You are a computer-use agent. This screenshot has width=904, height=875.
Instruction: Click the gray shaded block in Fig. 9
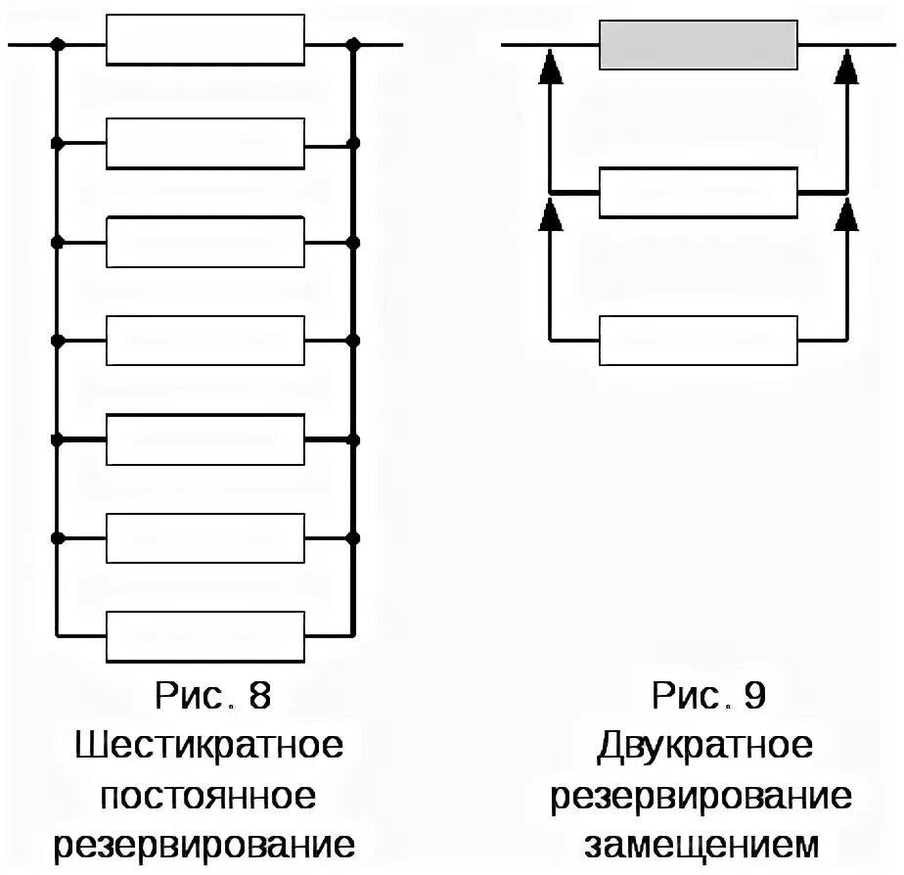coord(700,45)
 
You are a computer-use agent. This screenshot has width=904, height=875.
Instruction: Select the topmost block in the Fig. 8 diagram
coord(205,41)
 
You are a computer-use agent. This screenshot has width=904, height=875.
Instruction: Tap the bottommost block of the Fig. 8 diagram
coord(205,636)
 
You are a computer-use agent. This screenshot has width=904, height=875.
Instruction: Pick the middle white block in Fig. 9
coord(700,193)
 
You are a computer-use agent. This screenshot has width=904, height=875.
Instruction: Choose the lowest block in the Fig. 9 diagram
coord(700,340)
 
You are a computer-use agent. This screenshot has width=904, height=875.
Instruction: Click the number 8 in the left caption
coord(258,696)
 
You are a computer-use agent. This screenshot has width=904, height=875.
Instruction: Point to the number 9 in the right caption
coord(753,696)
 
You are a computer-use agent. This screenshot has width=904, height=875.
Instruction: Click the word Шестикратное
coord(209,746)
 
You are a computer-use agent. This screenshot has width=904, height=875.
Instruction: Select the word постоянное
coord(209,795)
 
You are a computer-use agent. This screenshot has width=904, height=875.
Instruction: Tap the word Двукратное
coord(704,746)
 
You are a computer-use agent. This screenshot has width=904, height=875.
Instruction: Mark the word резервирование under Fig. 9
coord(701,795)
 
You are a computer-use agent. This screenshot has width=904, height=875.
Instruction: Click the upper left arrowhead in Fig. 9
coord(552,67)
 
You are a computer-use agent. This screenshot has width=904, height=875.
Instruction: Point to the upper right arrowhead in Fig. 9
coord(848,67)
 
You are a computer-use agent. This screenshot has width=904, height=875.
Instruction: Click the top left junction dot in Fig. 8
coord(58,45)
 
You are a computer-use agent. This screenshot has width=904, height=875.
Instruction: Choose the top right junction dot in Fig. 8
coord(353,45)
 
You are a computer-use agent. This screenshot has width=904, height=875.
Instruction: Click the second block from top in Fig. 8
coord(205,143)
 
